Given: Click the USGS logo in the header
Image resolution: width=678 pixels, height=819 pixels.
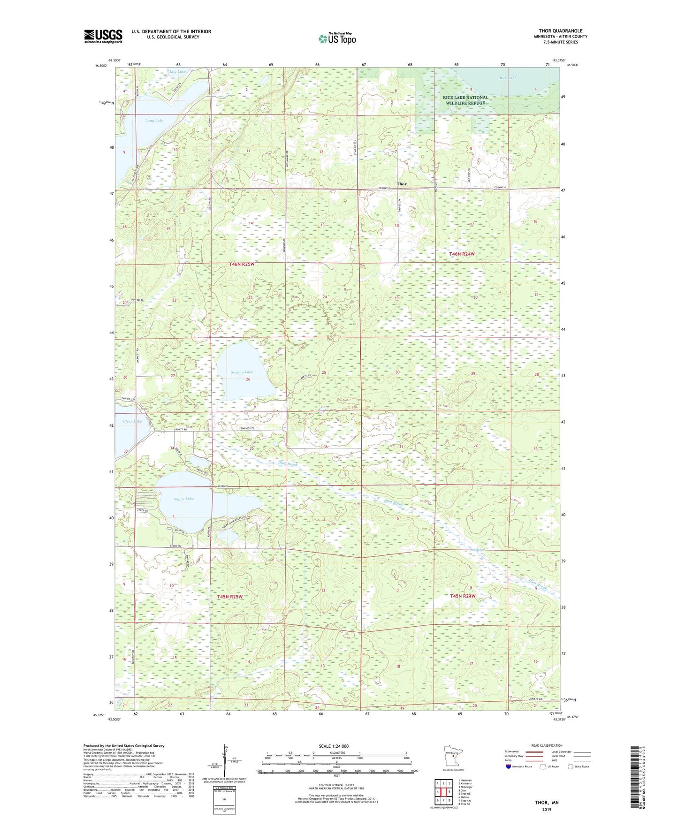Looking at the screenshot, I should [x=103, y=36].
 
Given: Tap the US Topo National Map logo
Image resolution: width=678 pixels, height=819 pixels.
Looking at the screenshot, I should [x=337, y=38].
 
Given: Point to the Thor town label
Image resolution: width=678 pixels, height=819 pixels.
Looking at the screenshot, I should [x=402, y=184].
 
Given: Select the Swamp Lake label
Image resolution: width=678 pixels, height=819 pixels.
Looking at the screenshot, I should [x=242, y=372].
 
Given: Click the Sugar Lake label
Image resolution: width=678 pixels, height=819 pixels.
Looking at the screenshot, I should [x=183, y=499].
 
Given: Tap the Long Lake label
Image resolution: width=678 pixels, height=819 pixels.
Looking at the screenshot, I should [x=154, y=121].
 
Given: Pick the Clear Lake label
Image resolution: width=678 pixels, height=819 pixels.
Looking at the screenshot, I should [x=132, y=421].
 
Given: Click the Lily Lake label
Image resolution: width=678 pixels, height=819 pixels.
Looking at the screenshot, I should [x=178, y=72].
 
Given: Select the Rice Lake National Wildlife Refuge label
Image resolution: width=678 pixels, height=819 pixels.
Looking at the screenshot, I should [x=466, y=100].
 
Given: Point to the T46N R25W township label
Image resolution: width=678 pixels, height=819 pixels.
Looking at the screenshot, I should [x=242, y=264].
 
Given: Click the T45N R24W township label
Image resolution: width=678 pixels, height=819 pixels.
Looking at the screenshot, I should [x=463, y=596].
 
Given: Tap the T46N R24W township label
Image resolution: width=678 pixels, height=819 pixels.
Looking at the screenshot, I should [x=462, y=254].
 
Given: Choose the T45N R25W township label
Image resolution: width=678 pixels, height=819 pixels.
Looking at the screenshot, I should [x=229, y=597].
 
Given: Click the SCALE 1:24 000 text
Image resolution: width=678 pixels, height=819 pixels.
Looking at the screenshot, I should [x=334, y=746].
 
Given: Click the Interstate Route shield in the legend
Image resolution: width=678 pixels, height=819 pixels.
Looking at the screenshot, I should [x=509, y=766].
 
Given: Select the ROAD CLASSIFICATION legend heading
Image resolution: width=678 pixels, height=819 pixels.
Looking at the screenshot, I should [x=547, y=745].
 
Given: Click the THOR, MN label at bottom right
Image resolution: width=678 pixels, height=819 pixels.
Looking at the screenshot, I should [x=547, y=803].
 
